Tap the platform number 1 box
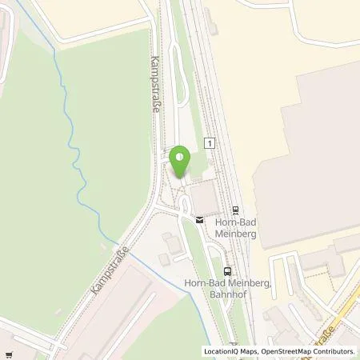pos(210,142)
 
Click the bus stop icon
pos(227,270)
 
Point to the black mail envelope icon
pos(199,218)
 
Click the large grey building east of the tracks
pos(308,152)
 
